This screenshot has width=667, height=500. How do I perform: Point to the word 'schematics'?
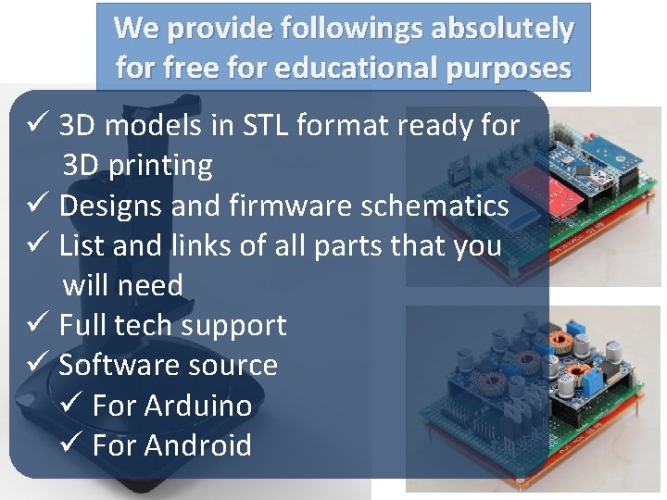pos(435,206)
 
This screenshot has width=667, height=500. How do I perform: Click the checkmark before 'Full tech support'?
pos(37,325)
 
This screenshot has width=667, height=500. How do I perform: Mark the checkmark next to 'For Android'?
pos(71,445)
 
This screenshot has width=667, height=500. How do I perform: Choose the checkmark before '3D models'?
pos(37,125)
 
